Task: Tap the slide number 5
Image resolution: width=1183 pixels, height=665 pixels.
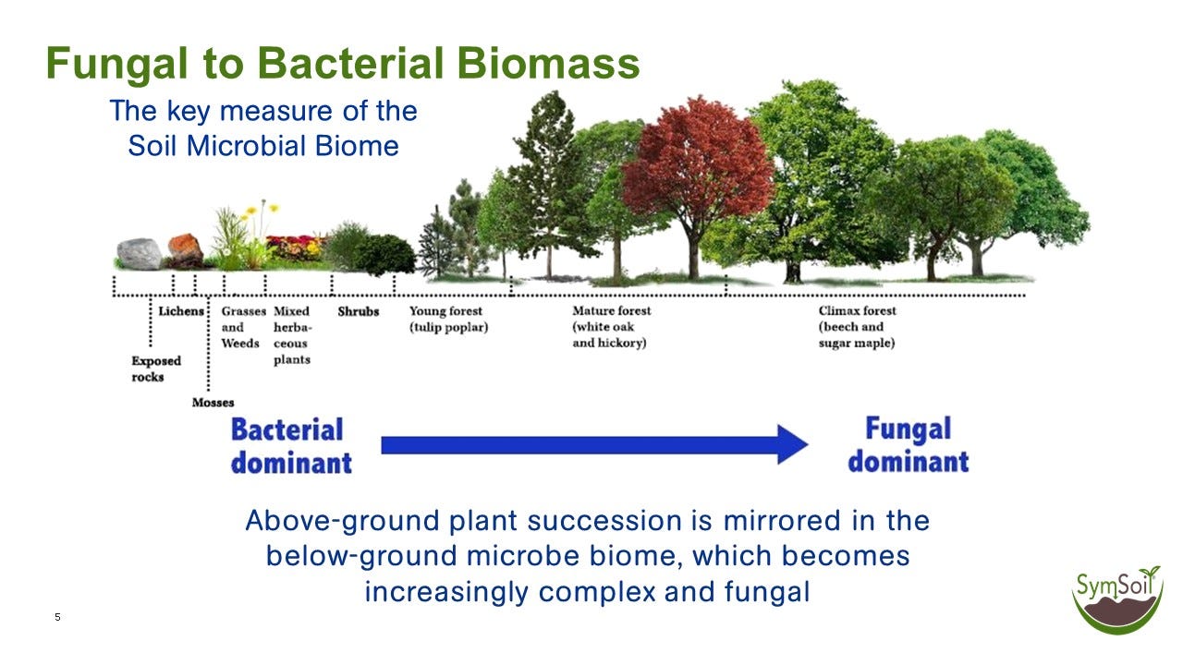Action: [x=57, y=617]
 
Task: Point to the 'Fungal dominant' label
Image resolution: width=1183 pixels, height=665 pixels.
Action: [x=908, y=444]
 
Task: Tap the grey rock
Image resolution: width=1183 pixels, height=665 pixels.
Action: [x=139, y=253]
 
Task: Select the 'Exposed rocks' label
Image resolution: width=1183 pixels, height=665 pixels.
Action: [x=155, y=369]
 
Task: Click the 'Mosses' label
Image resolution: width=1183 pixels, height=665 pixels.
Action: [x=213, y=403]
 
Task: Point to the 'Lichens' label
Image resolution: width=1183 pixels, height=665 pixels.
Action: [x=180, y=311]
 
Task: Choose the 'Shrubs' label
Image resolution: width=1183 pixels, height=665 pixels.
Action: [x=358, y=311]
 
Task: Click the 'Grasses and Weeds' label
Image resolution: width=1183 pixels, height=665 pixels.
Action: [x=242, y=327]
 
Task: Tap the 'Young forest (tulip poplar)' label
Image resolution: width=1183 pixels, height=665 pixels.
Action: [x=448, y=319]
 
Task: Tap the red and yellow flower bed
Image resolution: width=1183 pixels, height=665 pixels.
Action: [x=294, y=247]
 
